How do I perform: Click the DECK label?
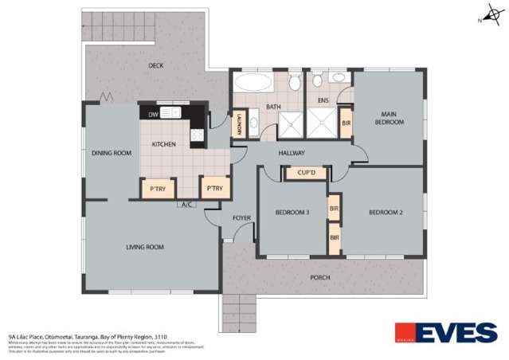tap(155, 66)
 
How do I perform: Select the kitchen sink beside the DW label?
tap(173, 114)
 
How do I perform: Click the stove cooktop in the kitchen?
tap(197, 135)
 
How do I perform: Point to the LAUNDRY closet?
tap(237, 126)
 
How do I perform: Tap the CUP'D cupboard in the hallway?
tap(307, 172)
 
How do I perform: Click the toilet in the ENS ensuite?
tap(317, 80)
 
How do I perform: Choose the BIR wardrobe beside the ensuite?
tap(346, 123)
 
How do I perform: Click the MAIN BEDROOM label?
tap(390, 118)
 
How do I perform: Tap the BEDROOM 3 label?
tap(292, 211)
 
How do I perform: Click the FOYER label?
tap(241, 217)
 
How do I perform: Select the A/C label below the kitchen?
tap(187, 205)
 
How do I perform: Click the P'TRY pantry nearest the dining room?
tap(155, 188)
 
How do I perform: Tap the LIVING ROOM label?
tap(144, 247)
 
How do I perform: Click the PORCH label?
tap(319, 277)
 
